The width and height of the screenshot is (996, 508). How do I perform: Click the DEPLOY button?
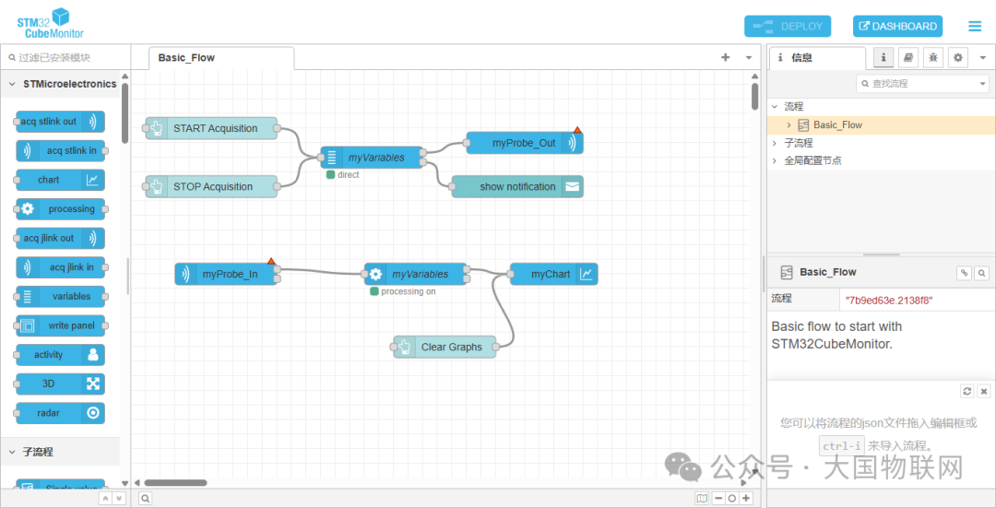(788, 27)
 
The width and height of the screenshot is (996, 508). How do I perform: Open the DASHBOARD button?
(897, 27)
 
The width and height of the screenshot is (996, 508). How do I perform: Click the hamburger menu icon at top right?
(975, 27)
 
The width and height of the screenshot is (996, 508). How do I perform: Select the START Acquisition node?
(215, 128)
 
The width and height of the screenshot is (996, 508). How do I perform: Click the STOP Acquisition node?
(213, 186)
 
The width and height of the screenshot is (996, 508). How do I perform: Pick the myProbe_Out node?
(524, 143)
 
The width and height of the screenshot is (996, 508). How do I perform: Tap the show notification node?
(517, 186)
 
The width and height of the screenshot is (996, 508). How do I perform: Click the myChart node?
(551, 274)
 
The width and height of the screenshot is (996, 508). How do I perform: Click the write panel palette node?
(60, 325)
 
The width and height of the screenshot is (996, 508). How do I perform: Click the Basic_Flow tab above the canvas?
(186, 57)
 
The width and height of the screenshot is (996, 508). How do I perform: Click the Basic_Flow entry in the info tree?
(837, 124)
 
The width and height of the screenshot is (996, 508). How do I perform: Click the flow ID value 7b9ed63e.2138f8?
(889, 300)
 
